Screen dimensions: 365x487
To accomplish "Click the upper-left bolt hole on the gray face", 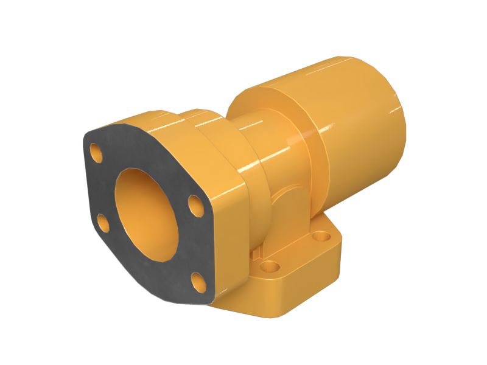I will click(x=96, y=149).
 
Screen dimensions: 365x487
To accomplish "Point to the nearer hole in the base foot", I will click(x=268, y=266).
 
